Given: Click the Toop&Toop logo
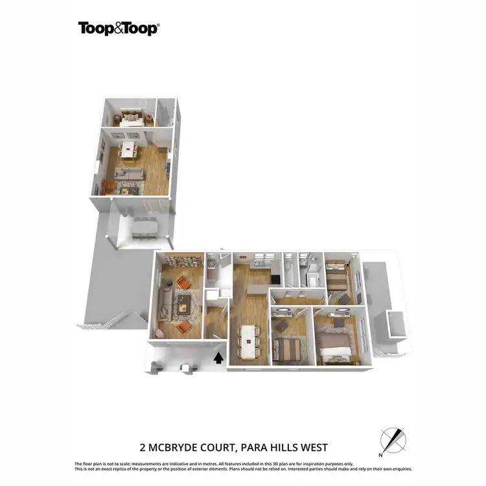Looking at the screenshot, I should [118, 28].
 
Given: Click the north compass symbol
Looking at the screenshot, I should [392, 441].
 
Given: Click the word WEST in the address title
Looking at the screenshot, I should [314, 447].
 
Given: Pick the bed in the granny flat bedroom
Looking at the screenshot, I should [132, 119].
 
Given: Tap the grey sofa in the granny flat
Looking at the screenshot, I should [129, 174].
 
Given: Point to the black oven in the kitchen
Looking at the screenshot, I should [275, 280].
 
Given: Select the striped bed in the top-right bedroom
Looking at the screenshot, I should [337, 279].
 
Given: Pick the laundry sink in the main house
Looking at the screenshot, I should [211, 265].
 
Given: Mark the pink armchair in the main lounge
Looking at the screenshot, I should [159, 333].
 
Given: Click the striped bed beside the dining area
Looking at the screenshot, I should [288, 349].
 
